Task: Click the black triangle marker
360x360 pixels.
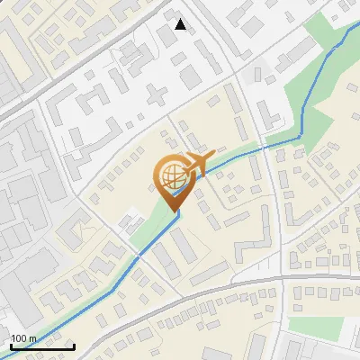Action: point(181,24)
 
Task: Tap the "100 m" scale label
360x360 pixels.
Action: point(24,338)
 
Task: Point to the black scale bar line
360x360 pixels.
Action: point(41,346)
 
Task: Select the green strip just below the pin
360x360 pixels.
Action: point(148,230)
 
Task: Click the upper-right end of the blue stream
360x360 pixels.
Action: point(350,25)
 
